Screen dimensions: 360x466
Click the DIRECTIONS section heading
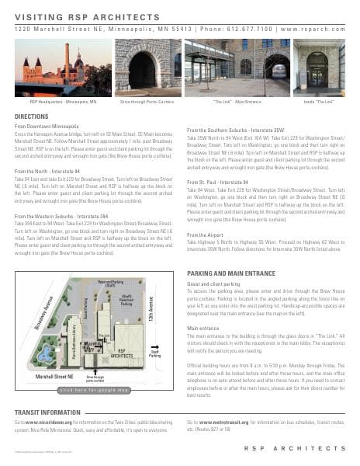[x=32, y=116]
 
